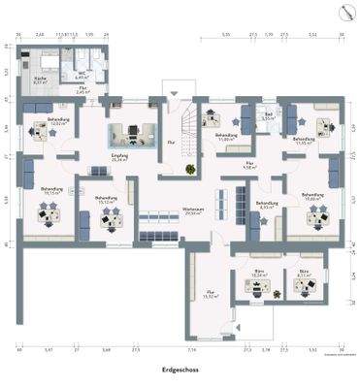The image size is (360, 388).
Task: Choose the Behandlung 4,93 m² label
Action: [268, 205]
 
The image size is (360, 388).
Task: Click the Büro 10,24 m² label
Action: [259, 274]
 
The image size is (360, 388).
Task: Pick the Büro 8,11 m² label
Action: [306, 274]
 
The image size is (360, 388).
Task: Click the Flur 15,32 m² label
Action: [208, 292]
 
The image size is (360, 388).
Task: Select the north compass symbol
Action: [344, 13]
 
